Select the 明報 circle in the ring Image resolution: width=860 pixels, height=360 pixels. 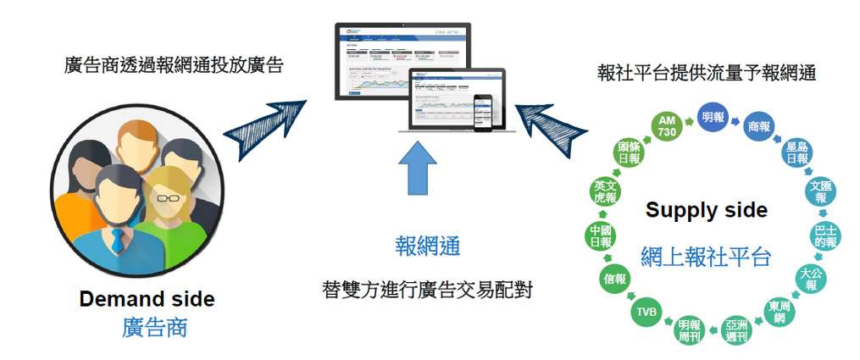click(713, 118)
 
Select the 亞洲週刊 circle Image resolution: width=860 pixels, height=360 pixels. click(736, 329)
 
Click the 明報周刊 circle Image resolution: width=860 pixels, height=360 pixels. click(688, 329)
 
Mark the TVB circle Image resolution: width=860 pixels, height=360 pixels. click(646, 313)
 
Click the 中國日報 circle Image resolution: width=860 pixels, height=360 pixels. click(601, 235)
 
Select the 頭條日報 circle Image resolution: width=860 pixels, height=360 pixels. click(629, 154)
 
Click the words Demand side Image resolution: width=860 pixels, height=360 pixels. click(147, 299)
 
